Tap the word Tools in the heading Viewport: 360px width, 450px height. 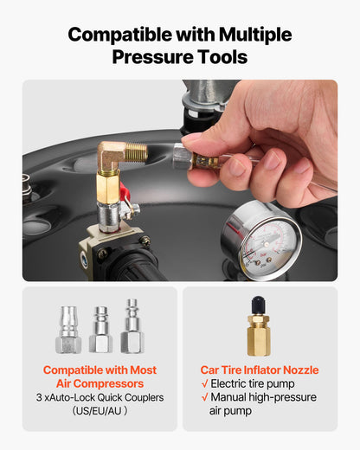coord(222,57)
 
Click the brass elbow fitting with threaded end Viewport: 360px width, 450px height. coord(121,155)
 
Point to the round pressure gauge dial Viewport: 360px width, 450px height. coord(261,240)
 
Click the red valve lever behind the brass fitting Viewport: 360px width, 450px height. coord(125,191)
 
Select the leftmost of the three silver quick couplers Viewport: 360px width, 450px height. coord(68,330)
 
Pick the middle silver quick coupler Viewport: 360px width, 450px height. coord(100,330)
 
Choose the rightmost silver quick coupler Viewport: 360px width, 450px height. coord(132,326)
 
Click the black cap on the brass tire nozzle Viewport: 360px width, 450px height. coord(258,306)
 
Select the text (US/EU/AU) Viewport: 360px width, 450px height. coord(100,411)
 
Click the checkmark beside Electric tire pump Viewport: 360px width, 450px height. coord(204,383)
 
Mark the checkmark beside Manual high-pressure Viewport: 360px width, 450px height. coord(204,397)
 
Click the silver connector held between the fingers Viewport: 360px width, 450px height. coord(183,157)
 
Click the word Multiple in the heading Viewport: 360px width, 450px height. coord(255,35)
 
